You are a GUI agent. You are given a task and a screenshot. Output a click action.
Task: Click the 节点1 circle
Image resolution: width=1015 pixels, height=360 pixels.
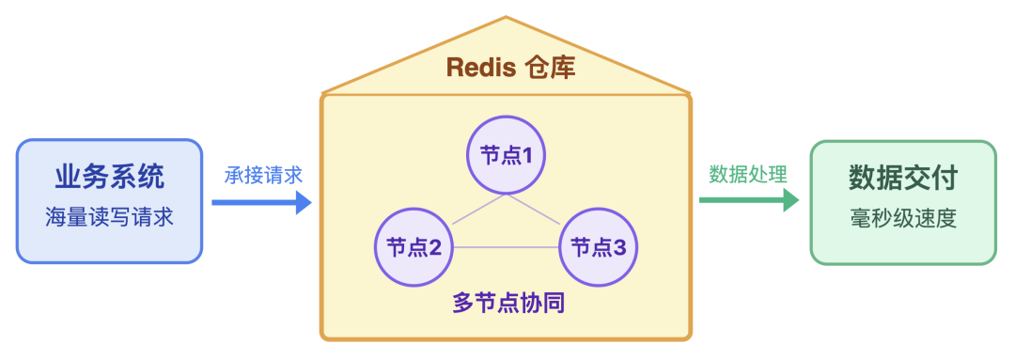(507, 154)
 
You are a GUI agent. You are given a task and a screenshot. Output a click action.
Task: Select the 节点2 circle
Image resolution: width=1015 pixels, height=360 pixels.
(414, 247)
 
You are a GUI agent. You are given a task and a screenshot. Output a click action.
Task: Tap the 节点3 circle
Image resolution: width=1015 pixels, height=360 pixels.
(599, 247)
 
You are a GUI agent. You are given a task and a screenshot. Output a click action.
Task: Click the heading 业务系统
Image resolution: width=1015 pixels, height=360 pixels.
(109, 177)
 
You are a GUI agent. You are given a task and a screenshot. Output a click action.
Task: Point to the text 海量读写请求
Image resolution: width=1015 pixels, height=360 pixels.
(109, 218)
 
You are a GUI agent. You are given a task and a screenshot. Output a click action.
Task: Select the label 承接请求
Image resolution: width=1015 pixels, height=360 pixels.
(263, 175)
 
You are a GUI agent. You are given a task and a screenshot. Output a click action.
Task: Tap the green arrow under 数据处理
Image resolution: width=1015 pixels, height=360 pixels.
(748, 199)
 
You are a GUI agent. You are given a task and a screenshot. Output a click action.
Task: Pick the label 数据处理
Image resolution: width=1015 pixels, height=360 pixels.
(748, 175)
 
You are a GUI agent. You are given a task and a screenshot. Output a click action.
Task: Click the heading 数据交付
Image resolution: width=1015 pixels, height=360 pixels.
(902, 177)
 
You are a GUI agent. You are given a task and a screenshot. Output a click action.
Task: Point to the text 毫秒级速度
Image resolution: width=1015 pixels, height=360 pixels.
(902, 218)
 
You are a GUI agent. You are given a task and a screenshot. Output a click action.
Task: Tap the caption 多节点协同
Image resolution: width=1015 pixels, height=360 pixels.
(507, 304)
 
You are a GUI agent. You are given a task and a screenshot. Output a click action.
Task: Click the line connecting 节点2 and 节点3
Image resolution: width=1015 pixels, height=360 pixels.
(507, 247)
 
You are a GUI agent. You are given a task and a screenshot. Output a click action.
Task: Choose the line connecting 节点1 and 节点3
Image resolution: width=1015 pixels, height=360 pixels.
(536, 210)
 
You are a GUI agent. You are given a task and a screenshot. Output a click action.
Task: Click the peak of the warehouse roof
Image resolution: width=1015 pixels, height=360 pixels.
(507, 17)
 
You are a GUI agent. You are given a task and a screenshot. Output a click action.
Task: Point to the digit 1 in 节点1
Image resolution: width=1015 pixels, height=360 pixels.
(528, 154)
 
